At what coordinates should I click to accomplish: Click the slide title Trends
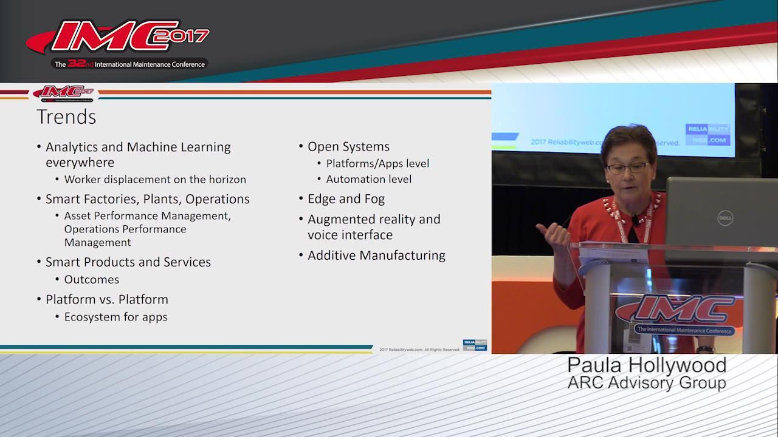(x=66, y=117)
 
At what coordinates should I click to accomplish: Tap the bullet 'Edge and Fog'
(x=346, y=199)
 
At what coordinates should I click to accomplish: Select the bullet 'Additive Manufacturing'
(x=376, y=256)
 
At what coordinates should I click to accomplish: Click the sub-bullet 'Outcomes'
(x=92, y=280)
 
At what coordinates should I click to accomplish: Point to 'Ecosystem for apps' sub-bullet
(x=115, y=317)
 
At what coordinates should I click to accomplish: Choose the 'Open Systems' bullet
(x=348, y=147)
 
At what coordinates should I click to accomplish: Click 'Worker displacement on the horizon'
(x=155, y=180)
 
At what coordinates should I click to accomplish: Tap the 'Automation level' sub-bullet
(x=368, y=180)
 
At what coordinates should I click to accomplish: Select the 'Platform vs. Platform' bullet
(x=106, y=300)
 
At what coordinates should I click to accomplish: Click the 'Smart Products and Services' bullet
(x=128, y=262)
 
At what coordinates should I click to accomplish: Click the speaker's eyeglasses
(x=627, y=167)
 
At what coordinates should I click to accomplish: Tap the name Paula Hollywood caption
(x=647, y=365)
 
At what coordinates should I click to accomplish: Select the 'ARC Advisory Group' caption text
(x=647, y=384)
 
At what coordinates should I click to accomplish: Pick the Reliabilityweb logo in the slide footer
(x=475, y=345)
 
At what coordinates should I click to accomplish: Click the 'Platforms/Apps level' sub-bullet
(x=377, y=164)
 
